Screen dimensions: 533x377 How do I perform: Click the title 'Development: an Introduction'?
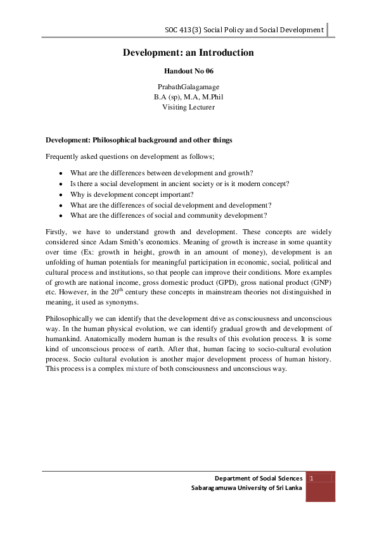pyautogui.click(x=188, y=53)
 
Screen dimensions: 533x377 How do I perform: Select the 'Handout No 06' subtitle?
pyautogui.click(x=188, y=72)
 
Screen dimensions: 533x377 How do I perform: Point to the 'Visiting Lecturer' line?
pyautogui.click(x=188, y=107)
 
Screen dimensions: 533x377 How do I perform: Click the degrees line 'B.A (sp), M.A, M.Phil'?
pyautogui.click(x=188, y=96)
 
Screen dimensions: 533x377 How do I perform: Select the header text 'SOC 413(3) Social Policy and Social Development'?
pyautogui.click(x=244, y=30)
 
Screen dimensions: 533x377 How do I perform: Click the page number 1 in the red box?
pyautogui.click(x=312, y=479)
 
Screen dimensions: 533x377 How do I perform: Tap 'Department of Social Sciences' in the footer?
pyautogui.click(x=258, y=479)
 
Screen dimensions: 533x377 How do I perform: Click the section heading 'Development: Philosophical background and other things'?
pyautogui.click(x=139, y=140)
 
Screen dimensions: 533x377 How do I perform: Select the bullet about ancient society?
pyautogui.click(x=179, y=184)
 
